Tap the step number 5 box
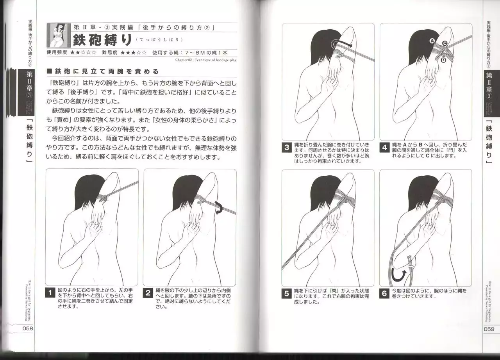pyautogui.click(x=287, y=294)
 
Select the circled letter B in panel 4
pyautogui.click(x=443, y=60)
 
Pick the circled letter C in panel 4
pyautogui.click(x=445, y=43)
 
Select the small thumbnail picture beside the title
pyautogui.click(x=58, y=36)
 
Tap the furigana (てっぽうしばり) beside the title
pyautogui.click(x=159, y=40)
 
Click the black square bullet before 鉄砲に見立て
pyautogui.click(x=49, y=71)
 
